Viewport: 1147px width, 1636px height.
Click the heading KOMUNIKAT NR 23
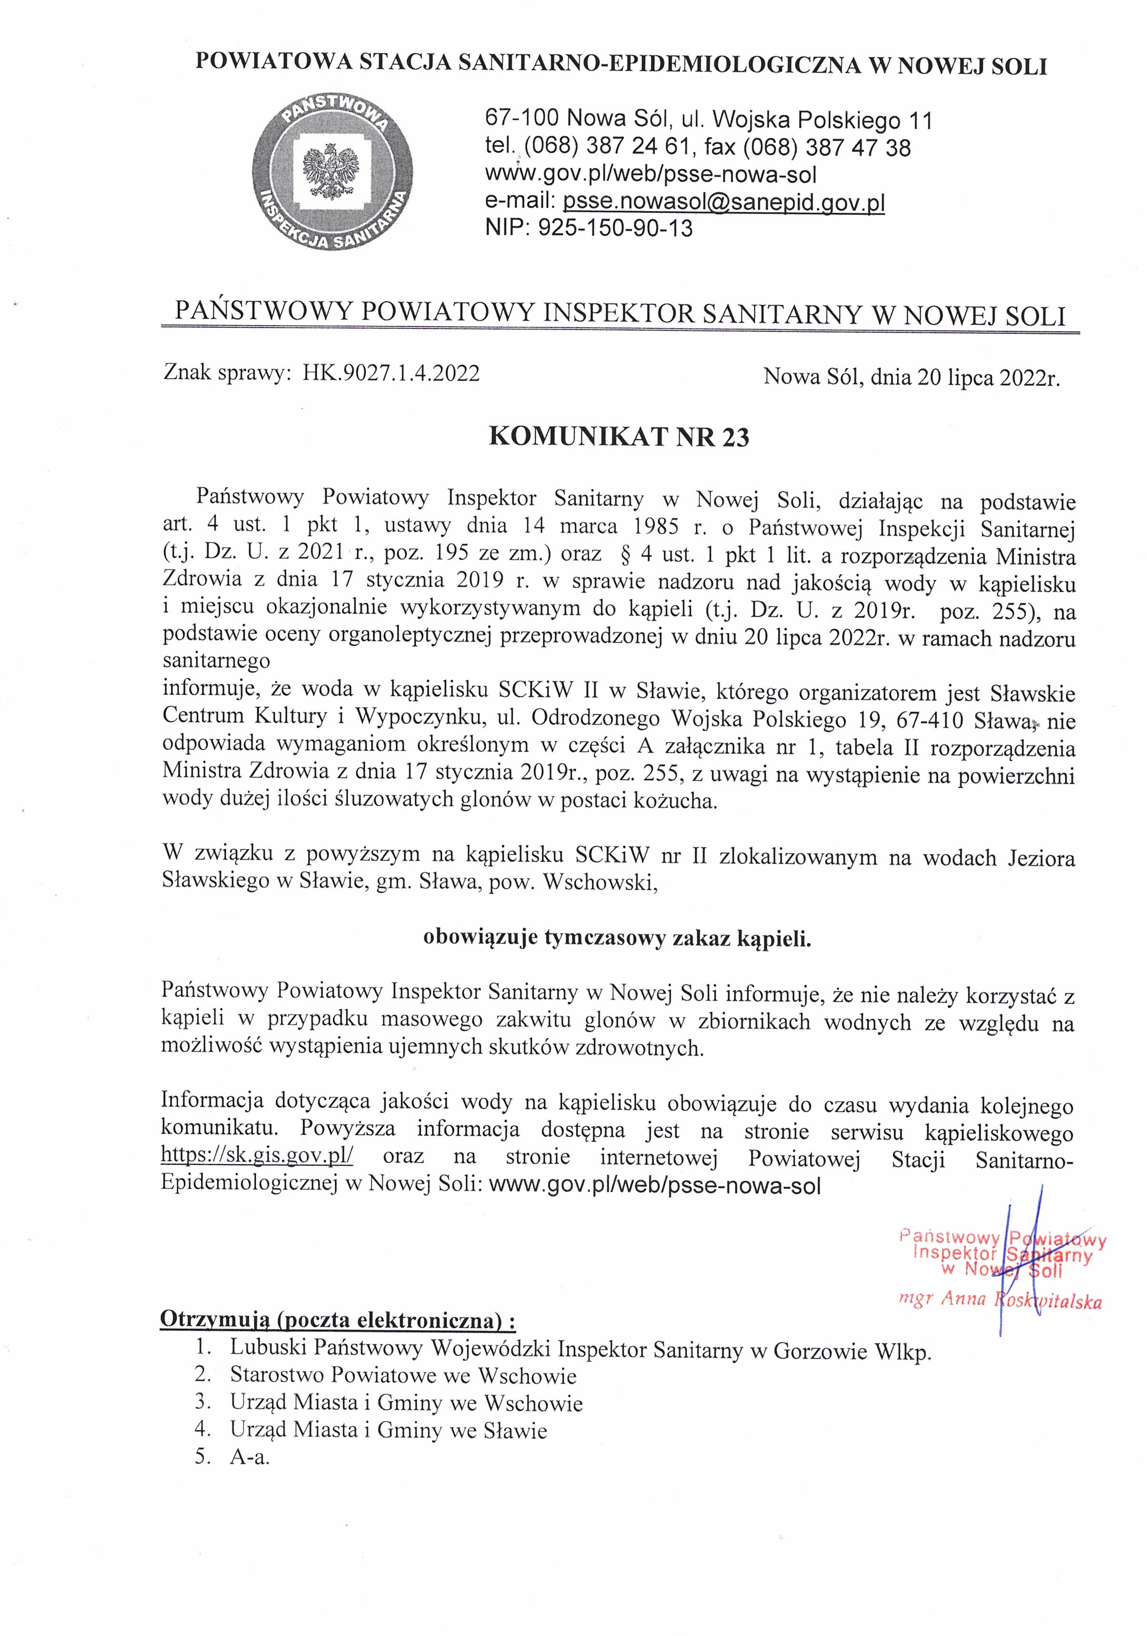point(619,436)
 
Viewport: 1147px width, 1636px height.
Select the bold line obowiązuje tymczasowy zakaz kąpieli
point(618,938)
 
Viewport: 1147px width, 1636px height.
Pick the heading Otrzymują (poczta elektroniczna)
point(337,1319)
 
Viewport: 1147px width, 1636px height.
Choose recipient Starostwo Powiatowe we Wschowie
point(403,1375)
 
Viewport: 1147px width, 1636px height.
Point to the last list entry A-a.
point(249,1457)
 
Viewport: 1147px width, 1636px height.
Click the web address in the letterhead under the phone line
point(650,175)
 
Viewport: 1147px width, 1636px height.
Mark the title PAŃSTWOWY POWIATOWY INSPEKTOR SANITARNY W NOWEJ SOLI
point(619,314)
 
